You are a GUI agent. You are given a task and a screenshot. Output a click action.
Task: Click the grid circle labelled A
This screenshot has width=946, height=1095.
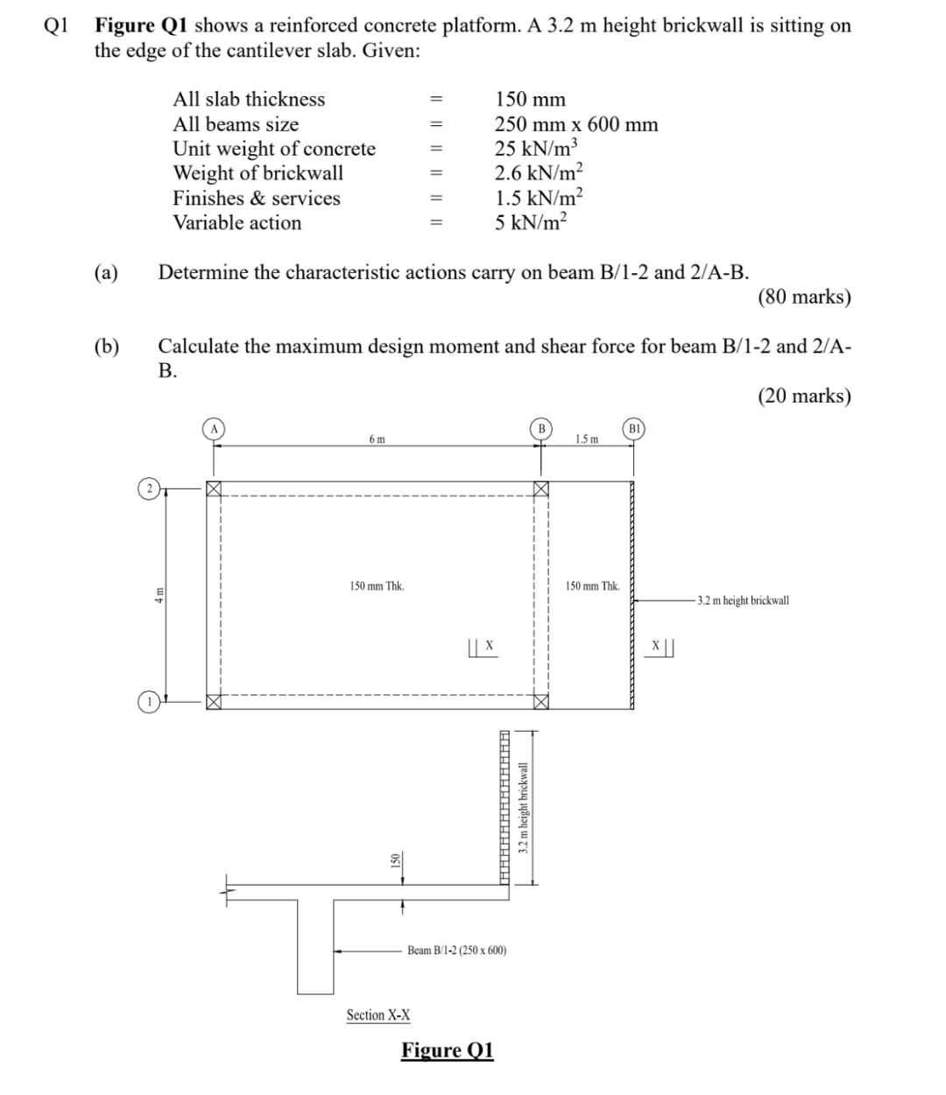point(213,428)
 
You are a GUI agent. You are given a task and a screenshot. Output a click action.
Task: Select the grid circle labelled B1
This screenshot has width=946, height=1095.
point(635,429)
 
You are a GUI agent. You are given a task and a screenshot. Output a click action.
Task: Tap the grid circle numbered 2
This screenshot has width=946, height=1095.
point(150,488)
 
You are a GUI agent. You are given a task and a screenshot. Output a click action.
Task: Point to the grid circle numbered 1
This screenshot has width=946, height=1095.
point(150,701)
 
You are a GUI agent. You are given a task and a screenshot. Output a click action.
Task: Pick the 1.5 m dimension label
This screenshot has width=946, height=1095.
point(588,439)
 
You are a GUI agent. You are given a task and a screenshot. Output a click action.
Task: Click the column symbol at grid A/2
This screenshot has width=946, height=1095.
point(213,488)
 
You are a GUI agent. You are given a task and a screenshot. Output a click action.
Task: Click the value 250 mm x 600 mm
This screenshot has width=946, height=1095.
point(576,124)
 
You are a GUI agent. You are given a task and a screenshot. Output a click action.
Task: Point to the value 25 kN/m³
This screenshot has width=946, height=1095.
point(535,148)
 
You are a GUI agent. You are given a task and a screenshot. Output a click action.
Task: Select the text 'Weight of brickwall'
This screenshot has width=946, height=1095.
point(258,173)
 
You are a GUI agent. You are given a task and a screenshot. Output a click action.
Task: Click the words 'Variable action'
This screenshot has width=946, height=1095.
point(236,222)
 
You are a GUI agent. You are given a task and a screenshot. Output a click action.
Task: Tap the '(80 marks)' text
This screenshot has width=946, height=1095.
point(804,297)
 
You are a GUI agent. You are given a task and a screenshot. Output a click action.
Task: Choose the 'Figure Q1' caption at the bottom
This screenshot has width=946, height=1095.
point(448,1049)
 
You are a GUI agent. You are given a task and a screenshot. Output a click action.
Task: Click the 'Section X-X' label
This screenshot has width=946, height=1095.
point(378,1014)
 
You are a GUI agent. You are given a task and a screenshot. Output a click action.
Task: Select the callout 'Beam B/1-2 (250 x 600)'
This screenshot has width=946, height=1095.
point(457,950)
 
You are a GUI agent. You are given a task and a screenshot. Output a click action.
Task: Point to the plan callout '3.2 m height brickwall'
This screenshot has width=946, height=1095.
point(743,600)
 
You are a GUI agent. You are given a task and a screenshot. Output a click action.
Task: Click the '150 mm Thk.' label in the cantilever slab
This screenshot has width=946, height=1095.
point(592,586)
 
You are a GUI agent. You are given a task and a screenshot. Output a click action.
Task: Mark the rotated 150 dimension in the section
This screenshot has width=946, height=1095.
point(394,861)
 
